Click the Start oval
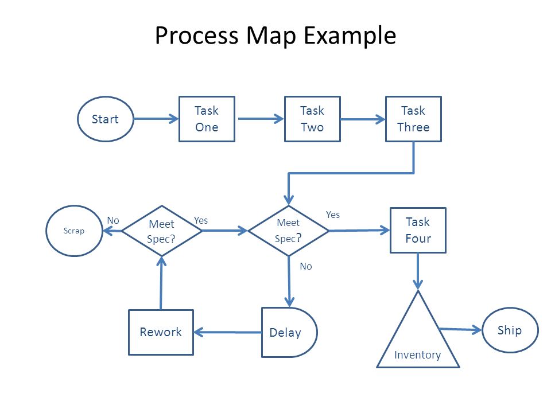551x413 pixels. pyautogui.click(x=106, y=119)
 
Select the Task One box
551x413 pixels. pyautogui.click(x=207, y=119)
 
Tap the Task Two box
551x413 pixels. pyautogui.click(x=312, y=119)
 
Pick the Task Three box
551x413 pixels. pyautogui.click(x=414, y=119)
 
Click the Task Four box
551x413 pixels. pyautogui.click(x=418, y=231)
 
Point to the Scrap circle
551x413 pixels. pyautogui.click(x=74, y=231)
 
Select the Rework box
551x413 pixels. pyautogui.click(x=161, y=332)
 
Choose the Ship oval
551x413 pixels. pyautogui.click(x=510, y=330)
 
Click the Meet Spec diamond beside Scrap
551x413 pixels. pyautogui.click(x=162, y=231)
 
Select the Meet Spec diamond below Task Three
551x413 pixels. pyautogui.click(x=289, y=231)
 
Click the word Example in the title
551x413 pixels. pyautogui.click(x=350, y=36)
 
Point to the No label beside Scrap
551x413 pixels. pyautogui.click(x=113, y=220)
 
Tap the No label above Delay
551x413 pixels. pyautogui.click(x=306, y=267)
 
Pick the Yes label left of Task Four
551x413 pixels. pyautogui.click(x=333, y=215)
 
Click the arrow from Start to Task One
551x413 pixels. pyautogui.click(x=156, y=119)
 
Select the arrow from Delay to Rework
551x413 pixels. pyautogui.click(x=227, y=332)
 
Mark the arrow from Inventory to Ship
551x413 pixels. pyautogui.click(x=461, y=329)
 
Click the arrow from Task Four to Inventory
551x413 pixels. pyautogui.click(x=418, y=271)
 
